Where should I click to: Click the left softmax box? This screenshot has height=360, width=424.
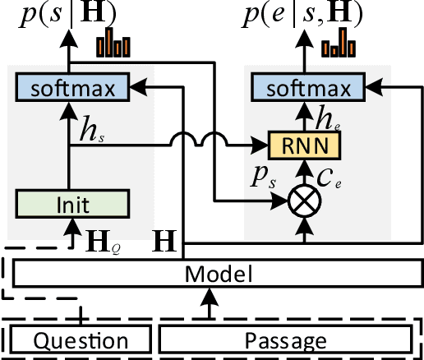tap(71, 85)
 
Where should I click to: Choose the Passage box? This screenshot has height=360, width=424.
tap(284, 339)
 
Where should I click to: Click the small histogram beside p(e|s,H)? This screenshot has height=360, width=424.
tap(339, 44)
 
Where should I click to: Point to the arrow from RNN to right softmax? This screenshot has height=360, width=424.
tap(305, 116)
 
